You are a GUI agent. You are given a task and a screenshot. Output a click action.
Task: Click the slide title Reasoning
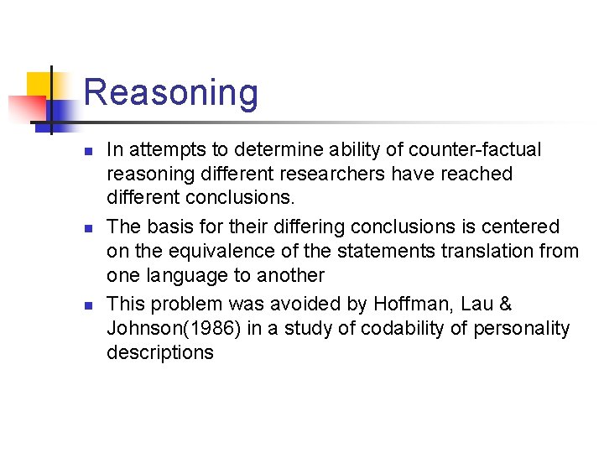171,92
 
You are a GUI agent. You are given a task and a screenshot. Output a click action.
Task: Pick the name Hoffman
406,304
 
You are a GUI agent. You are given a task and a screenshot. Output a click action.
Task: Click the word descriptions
159,352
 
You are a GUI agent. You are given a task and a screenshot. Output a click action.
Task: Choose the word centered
522,226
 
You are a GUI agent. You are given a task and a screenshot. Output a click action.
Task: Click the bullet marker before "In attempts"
86,152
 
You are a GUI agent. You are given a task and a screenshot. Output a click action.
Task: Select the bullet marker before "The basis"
86,228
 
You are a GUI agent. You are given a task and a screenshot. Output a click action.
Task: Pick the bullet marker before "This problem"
86,305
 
